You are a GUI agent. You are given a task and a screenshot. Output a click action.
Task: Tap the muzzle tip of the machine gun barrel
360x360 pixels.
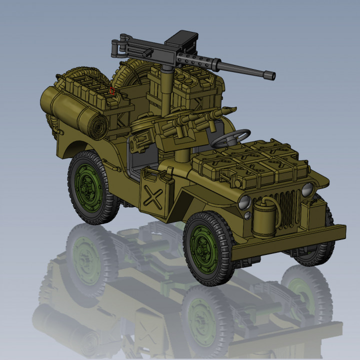pos(272,76)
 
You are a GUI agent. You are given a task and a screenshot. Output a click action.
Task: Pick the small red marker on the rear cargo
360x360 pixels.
pos(112,91)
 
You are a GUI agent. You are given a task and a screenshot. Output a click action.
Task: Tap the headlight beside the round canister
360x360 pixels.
pos(244,202)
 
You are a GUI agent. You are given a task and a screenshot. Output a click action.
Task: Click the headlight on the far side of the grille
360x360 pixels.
pos(307,189)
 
